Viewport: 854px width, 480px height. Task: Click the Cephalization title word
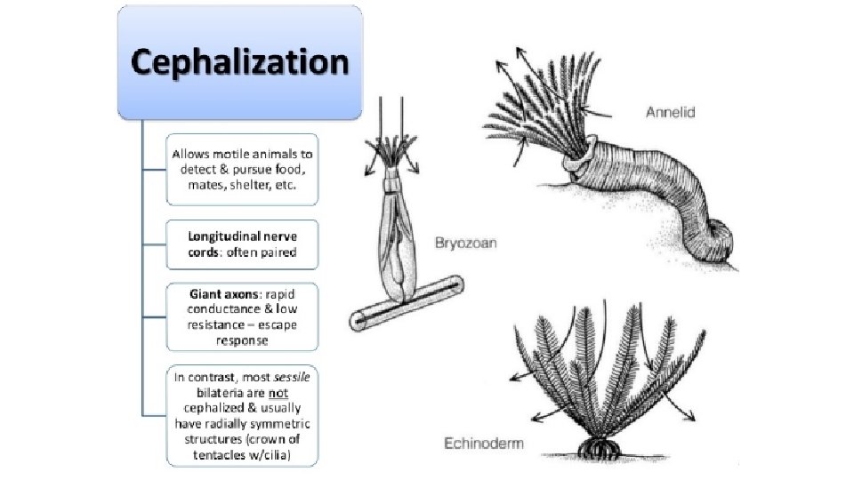coord(240,62)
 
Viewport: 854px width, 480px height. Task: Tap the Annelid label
coord(670,113)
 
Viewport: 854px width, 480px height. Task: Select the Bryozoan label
coord(465,242)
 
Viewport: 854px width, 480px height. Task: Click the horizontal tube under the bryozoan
coord(405,303)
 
